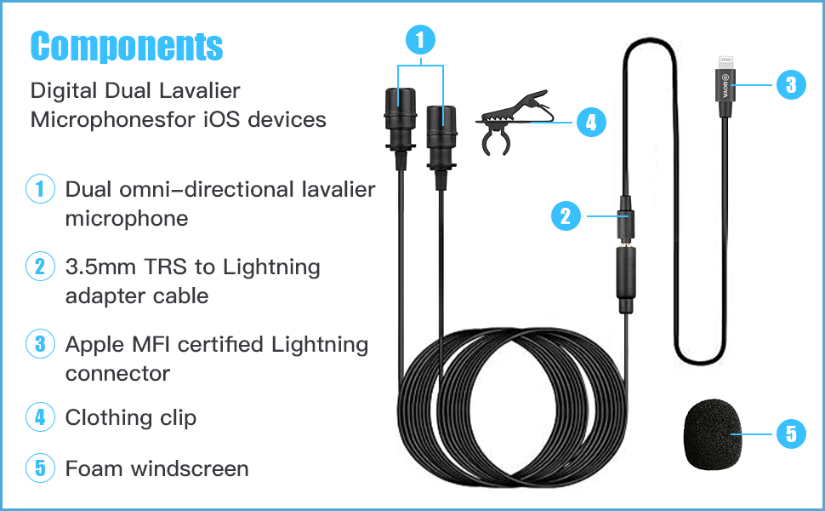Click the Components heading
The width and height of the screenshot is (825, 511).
tap(127, 46)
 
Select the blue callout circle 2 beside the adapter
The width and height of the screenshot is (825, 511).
tap(565, 215)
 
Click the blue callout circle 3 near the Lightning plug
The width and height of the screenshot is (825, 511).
tap(790, 84)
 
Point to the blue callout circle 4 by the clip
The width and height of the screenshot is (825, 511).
tap(591, 122)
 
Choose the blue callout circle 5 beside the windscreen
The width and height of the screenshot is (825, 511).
tap(790, 434)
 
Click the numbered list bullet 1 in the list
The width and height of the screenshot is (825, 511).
tap(40, 189)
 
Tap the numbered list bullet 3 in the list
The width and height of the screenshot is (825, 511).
tap(40, 344)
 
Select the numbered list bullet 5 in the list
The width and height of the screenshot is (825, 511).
tap(40, 468)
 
